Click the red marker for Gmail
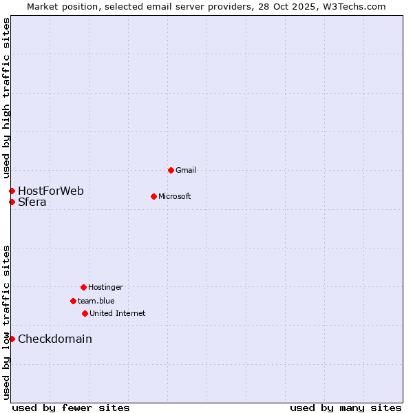point(171,170)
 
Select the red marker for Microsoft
point(153,196)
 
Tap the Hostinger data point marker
point(83,287)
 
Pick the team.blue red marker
point(73,301)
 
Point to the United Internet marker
point(85,313)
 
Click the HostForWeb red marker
point(12,191)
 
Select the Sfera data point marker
point(12,202)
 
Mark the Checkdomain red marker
point(12,339)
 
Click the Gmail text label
point(186,170)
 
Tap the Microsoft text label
point(175,196)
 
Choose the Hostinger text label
point(105,287)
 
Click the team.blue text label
point(96,301)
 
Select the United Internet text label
point(118,313)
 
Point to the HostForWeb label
point(51,191)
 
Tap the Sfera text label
point(32,202)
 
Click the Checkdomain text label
point(55,339)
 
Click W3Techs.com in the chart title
point(353,6)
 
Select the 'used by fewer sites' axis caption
point(71,407)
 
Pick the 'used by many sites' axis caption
point(346,407)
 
